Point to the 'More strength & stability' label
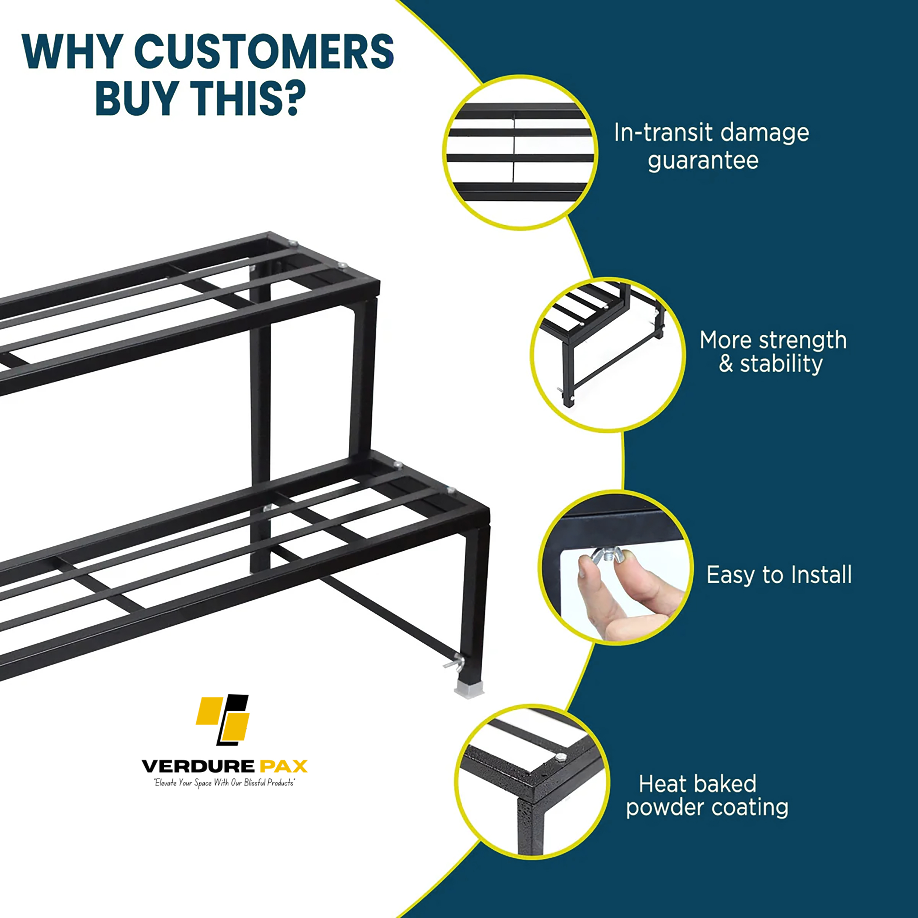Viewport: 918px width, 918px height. pyautogui.click(x=773, y=352)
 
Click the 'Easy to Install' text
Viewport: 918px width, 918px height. pyautogui.click(x=779, y=575)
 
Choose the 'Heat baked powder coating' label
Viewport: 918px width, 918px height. pyautogui.click(x=706, y=796)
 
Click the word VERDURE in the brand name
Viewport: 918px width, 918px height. pyautogui.click(x=198, y=766)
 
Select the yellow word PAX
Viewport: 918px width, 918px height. pyautogui.click(x=284, y=766)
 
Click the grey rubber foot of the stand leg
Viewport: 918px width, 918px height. pyautogui.click(x=469, y=689)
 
